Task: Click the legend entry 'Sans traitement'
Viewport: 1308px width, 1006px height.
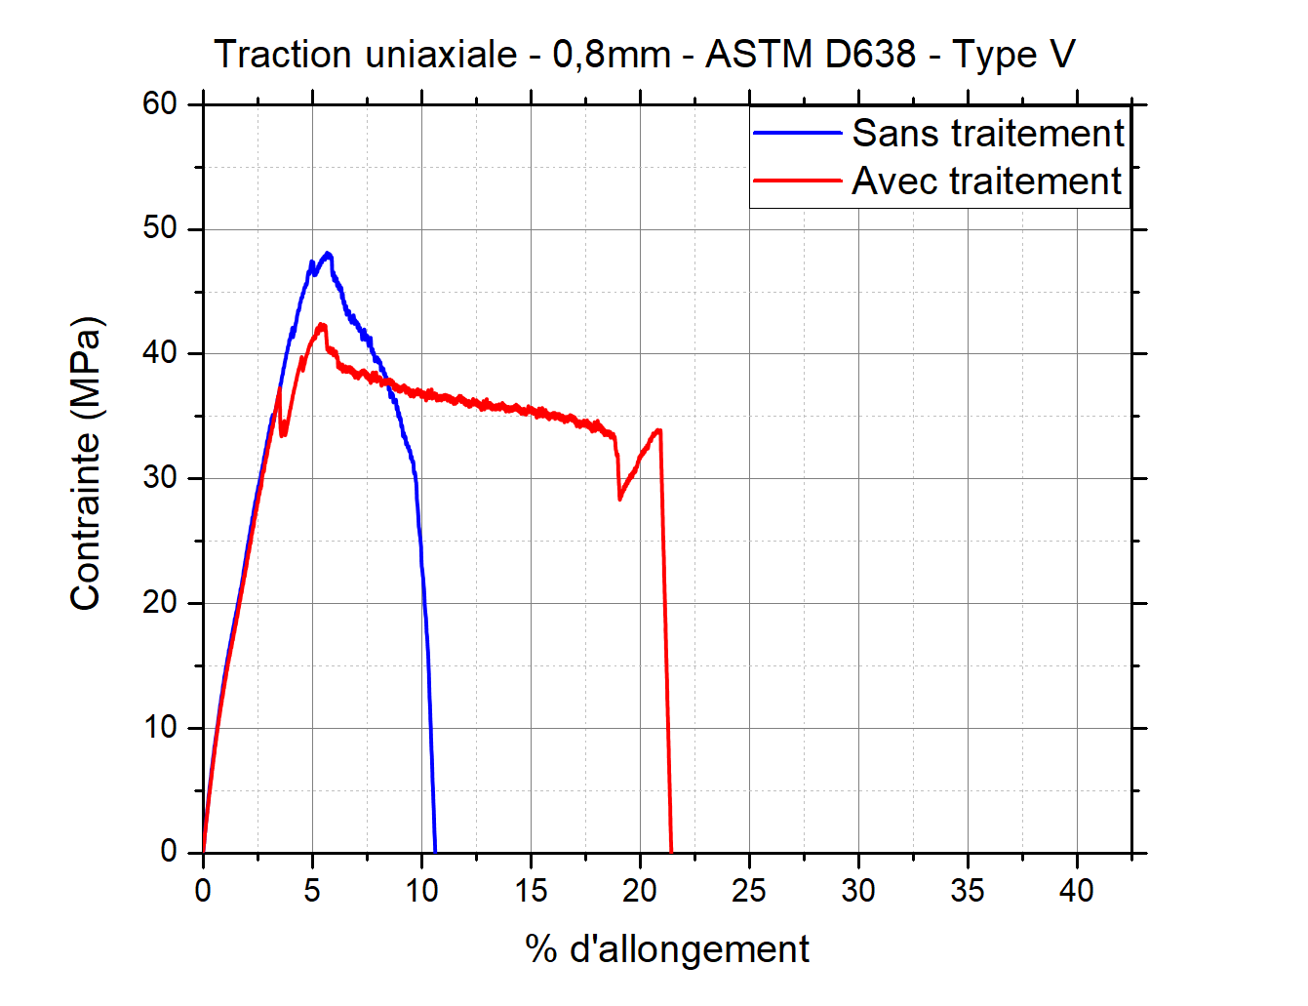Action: (987, 134)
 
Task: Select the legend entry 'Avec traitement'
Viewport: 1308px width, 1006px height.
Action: (986, 181)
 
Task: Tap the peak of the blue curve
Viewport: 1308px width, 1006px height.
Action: (328, 254)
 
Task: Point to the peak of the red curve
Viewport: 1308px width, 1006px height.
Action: (321, 325)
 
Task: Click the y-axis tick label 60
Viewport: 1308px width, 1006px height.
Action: (160, 103)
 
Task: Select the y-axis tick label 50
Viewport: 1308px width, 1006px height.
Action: (160, 228)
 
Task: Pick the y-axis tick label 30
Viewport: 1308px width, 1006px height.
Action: (160, 478)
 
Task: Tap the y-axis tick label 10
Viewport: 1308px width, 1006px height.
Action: (160, 728)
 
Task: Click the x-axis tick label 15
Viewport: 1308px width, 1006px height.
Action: (531, 890)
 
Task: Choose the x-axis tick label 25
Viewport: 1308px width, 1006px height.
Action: (749, 890)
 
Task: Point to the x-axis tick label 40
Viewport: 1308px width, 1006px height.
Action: (1077, 890)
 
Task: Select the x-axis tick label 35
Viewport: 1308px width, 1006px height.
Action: (968, 890)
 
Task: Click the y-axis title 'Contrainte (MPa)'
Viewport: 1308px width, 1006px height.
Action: (86, 463)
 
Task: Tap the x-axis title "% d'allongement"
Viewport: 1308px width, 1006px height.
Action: (667, 948)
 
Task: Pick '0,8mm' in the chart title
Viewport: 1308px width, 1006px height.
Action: (612, 55)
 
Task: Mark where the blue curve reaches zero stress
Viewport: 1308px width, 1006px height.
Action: (434, 851)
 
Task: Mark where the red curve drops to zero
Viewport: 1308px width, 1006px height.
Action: (671, 851)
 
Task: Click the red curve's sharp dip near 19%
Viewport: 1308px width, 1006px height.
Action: (619, 499)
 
